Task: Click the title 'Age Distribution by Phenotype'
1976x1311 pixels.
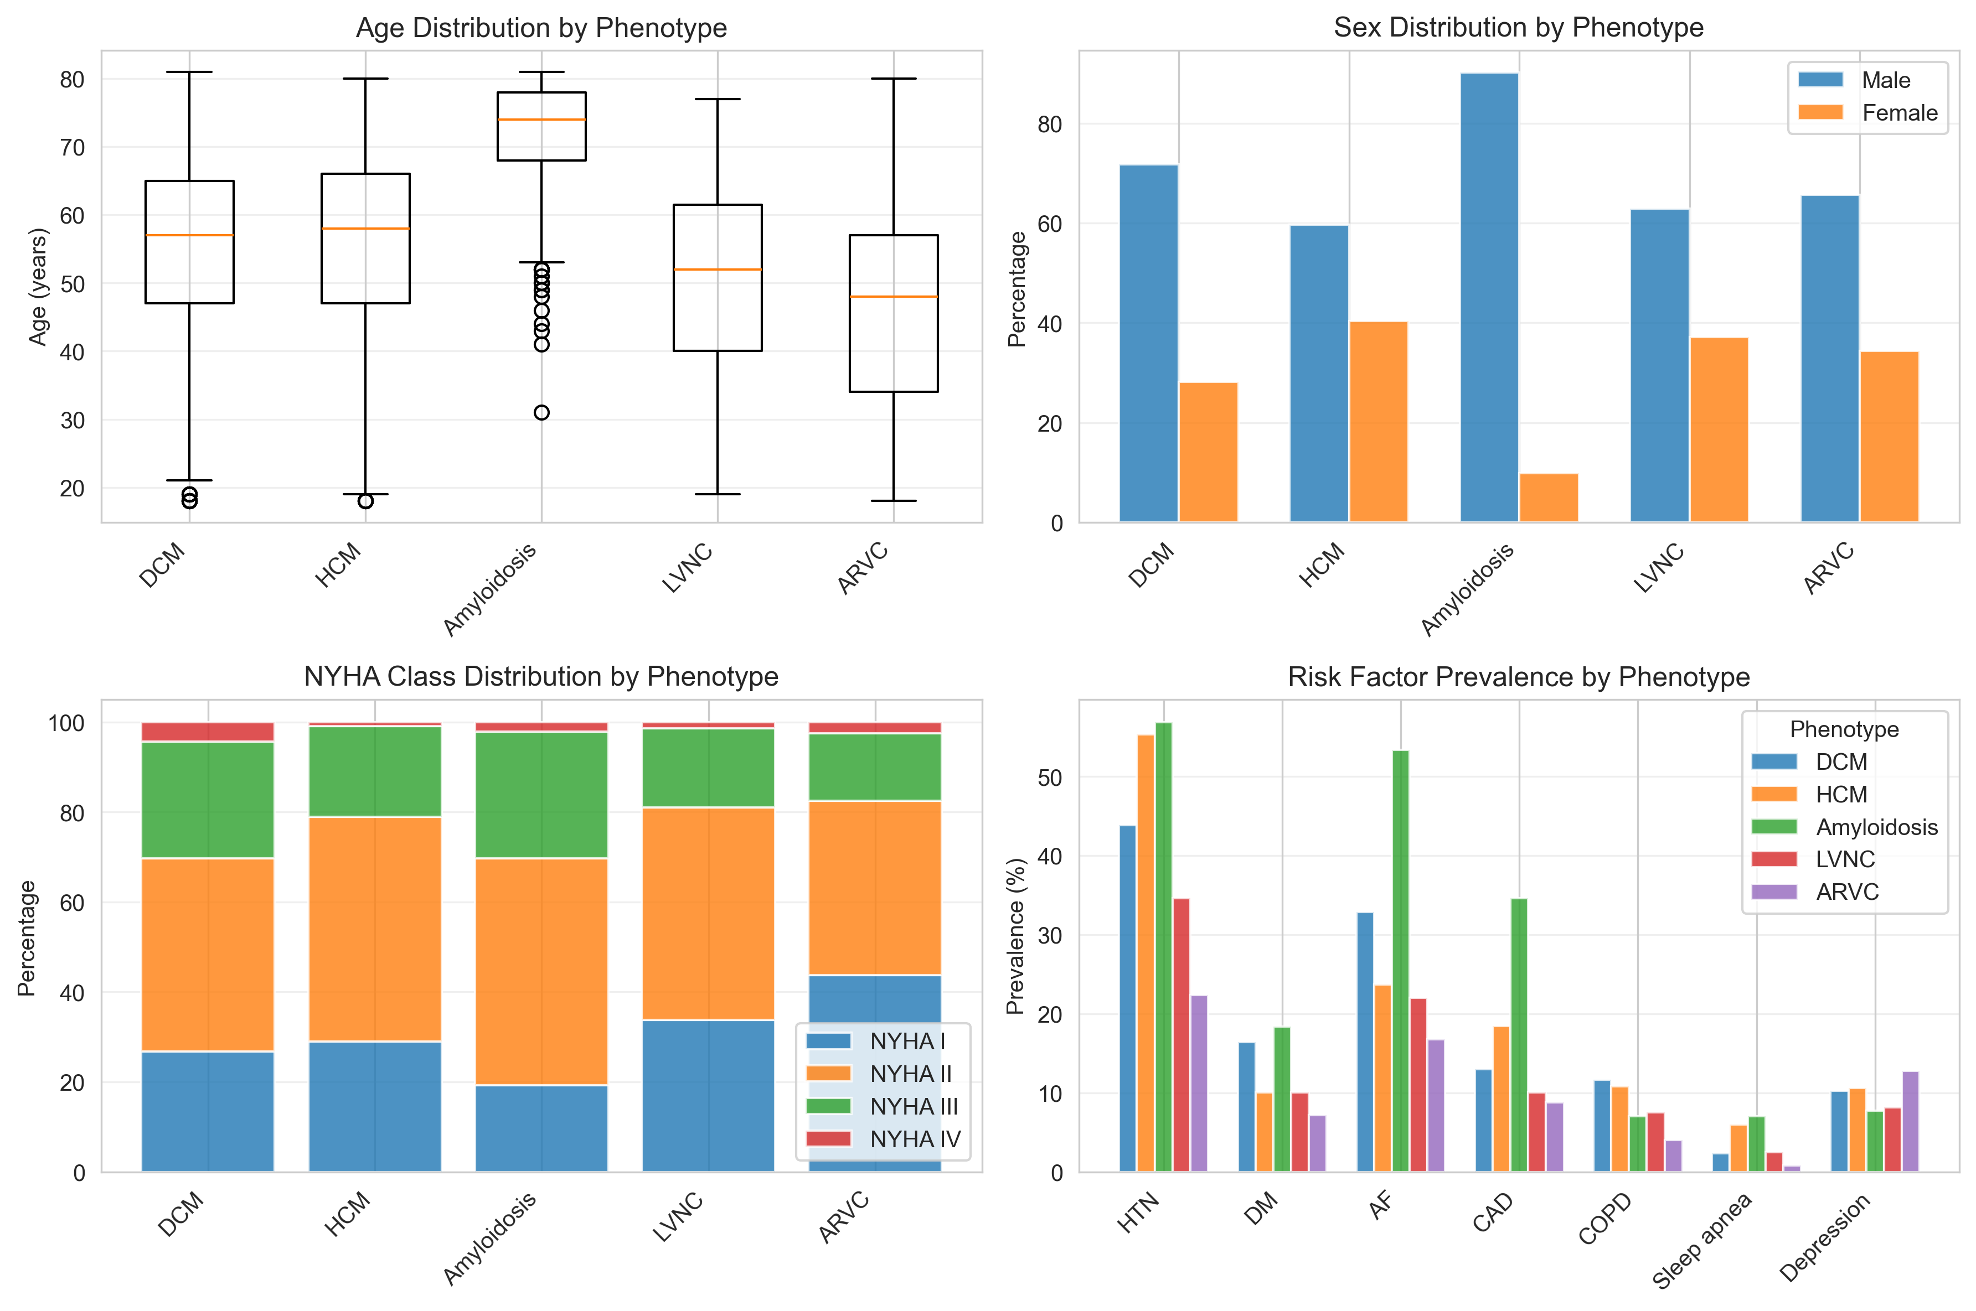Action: click(541, 28)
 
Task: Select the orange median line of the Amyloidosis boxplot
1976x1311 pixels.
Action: click(541, 120)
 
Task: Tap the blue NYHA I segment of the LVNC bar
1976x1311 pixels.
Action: click(708, 1095)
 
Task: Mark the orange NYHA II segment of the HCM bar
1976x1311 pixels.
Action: click(375, 928)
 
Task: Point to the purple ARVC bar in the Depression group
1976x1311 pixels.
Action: click(1910, 1121)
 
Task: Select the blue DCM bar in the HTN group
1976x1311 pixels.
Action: click(1127, 998)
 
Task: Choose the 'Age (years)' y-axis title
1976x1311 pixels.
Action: click(38, 286)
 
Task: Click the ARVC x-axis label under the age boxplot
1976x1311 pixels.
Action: click(863, 568)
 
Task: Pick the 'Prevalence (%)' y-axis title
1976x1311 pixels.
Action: click(1015, 936)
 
